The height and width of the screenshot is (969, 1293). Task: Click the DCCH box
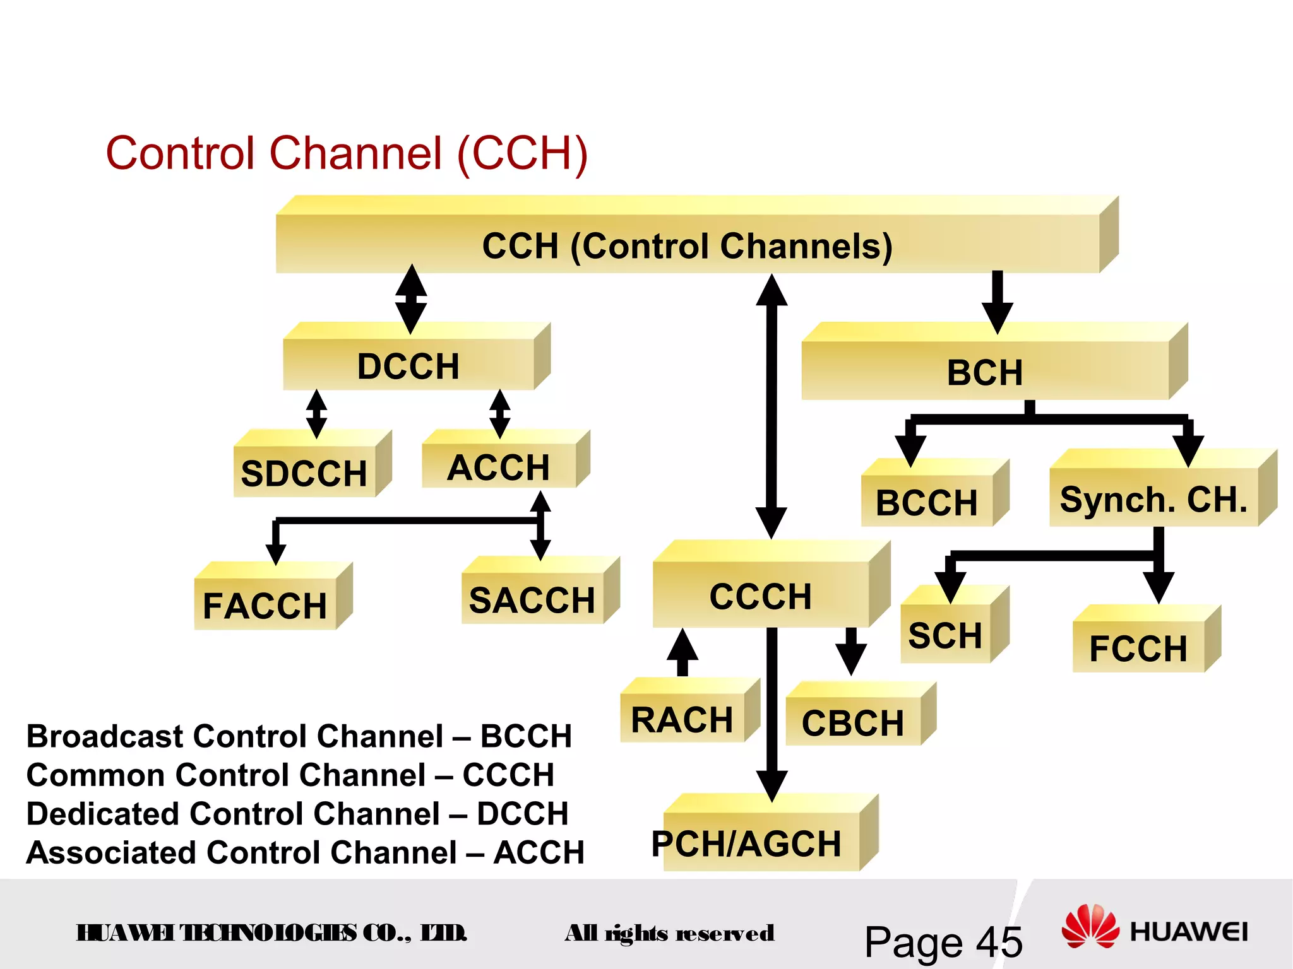pos(409,365)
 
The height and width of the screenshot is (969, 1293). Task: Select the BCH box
pos(985,372)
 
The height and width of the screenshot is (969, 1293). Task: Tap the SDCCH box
pos(304,472)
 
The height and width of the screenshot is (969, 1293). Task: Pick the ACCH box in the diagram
pos(499,467)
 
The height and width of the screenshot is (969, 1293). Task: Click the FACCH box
pos(265,605)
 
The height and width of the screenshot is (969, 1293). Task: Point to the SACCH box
pos(532,599)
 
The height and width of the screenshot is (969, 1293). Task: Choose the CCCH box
pos(761,596)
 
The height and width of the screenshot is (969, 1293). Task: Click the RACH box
pos(682,719)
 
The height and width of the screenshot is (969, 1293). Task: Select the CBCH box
pos(853,722)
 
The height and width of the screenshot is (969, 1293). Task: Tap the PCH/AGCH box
pos(747,843)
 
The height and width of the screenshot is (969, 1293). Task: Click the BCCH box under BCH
pos(926,502)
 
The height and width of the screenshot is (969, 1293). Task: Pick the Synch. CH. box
pos(1154,499)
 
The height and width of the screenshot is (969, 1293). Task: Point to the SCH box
pos(945,634)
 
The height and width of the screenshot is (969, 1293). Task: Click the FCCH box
pos(1139,647)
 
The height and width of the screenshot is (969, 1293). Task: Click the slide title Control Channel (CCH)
pos(347,153)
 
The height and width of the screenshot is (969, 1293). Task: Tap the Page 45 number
pos(943,942)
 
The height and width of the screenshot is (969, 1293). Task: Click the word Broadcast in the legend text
pos(105,736)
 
